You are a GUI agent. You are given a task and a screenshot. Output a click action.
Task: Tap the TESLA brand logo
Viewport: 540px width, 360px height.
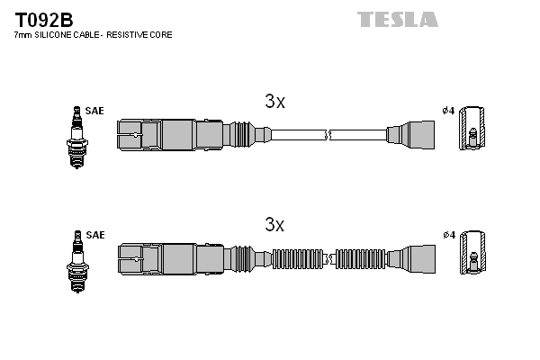pos(397,19)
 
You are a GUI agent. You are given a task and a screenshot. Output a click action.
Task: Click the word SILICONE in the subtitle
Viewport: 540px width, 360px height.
pos(62,35)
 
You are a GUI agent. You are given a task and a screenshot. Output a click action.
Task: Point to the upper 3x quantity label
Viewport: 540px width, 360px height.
pos(274,102)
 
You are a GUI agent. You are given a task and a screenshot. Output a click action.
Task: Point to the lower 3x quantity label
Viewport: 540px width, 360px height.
pos(274,223)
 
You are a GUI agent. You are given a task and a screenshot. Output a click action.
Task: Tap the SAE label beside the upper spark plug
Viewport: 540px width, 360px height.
pos(95,111)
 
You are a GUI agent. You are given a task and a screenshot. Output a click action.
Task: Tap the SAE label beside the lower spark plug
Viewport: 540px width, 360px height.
pos(95,235)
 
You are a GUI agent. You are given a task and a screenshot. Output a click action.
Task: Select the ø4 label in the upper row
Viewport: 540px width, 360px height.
pos(447,111)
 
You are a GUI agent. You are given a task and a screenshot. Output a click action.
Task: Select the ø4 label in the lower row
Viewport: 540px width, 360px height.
pos(447,235)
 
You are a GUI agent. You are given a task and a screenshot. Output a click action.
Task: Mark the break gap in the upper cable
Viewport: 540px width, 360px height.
pos(329,135)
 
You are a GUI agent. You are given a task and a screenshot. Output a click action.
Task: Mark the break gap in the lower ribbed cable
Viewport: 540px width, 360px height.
pos(329,259)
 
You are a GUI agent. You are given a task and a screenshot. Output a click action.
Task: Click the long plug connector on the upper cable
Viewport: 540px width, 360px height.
pos(171,135)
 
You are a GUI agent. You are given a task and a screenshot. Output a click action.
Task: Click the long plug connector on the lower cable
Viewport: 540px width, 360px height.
pos(171,259)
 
